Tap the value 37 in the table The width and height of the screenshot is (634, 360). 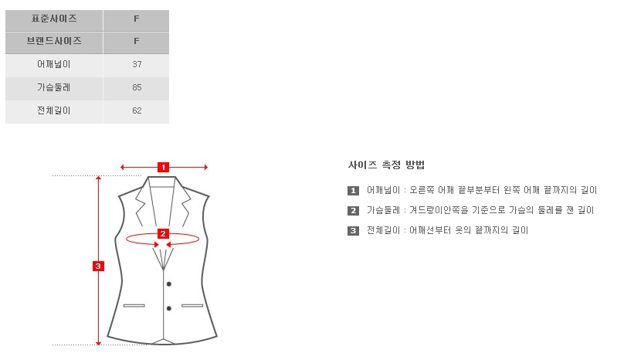coord(137,64)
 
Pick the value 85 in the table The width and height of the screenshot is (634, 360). coord(137,87)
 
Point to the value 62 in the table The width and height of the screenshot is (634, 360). coord(137,110)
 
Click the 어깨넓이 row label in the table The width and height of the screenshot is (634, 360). coord(54,64)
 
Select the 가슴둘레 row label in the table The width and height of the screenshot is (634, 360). coord(54,87)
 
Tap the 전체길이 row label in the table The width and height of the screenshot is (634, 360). coord(54,110)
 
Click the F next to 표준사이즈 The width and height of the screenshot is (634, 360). coord(136,19)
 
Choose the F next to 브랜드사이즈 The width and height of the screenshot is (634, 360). coord(136,41)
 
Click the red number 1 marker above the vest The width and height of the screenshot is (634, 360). coord(163,167)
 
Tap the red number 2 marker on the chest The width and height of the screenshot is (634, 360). coord(163,234)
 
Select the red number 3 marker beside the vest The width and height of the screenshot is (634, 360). coord(98,267)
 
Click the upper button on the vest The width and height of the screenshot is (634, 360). coord(169,284)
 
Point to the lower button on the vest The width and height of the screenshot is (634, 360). coord(169,308)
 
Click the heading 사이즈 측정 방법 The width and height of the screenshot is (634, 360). coord(386,165)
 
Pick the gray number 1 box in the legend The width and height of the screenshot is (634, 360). coord(353,191)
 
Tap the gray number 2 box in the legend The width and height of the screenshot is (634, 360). coord(353,211)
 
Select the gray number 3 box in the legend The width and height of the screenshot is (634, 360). coord(353,231)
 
